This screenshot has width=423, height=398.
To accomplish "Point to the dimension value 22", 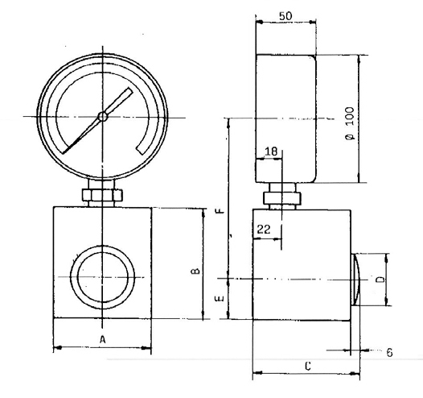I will click(263, 230).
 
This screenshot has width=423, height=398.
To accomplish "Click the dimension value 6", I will click(388, 352).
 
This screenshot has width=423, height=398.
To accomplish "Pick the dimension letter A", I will click(103, 340).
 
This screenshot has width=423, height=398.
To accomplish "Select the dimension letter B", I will click(195, 272).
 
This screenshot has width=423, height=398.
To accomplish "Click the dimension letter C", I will click(308, 367).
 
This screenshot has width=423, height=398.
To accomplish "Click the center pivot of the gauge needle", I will click(102, 117).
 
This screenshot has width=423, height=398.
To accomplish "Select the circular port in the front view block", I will click(102, 276).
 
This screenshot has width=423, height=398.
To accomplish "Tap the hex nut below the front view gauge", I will click(103, 195).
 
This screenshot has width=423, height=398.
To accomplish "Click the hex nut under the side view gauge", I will click(282, 197).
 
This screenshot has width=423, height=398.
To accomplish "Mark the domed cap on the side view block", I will click(357, 280).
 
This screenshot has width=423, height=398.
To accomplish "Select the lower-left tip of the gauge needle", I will click(64, 154).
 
